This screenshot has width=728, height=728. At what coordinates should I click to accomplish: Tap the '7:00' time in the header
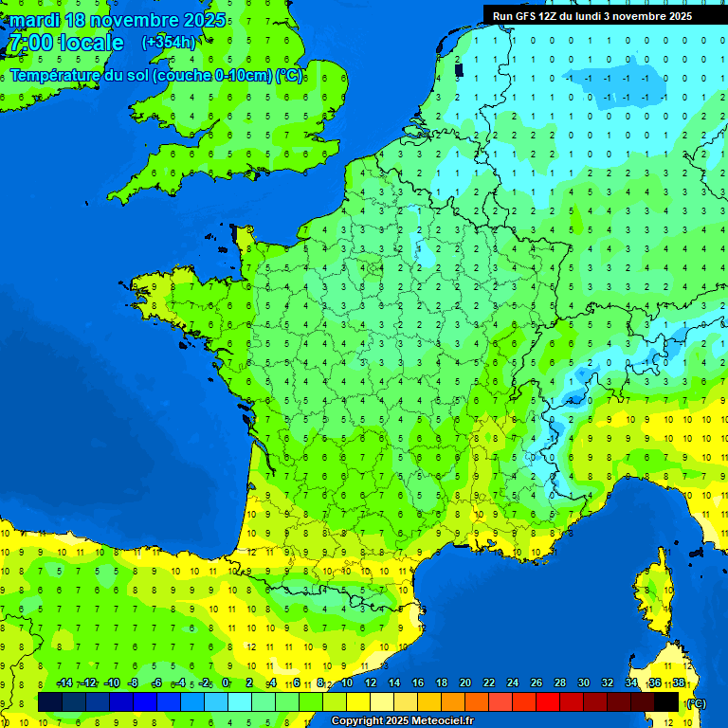30,43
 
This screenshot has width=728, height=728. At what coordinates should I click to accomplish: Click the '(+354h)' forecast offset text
169,43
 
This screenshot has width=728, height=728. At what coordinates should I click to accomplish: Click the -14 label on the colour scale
64,683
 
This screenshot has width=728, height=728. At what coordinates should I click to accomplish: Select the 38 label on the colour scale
679,683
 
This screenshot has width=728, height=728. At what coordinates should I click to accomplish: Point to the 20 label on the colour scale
464,683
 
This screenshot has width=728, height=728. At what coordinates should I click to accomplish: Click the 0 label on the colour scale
226,683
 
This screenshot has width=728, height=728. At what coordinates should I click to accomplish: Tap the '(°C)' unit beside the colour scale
696,702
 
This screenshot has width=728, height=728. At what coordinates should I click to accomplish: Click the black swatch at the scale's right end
667,701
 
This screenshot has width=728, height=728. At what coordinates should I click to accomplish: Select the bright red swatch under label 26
548,701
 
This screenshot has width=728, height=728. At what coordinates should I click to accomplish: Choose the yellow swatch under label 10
358,701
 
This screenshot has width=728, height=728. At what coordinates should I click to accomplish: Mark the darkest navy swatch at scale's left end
50,701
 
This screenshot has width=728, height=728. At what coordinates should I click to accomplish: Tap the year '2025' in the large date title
202,20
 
